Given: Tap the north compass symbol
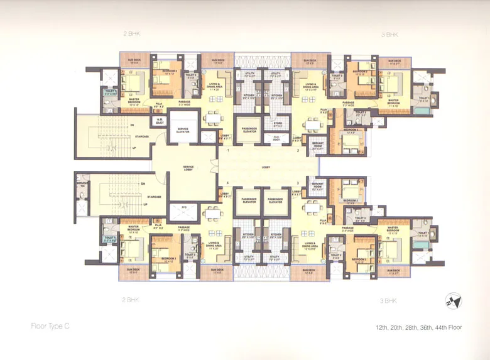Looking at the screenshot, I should click(452, 300).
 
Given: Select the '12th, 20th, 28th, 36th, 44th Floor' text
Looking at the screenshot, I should click(418, 327).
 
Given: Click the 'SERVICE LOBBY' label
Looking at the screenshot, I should click(188, 168).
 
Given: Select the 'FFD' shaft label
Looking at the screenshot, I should click(184, 207).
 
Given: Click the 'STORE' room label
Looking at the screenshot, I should click(278, 124).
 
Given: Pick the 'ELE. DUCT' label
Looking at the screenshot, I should click(278, 139).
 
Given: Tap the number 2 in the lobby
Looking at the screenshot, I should click(298, 151).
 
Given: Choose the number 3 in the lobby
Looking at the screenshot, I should click(298, 183).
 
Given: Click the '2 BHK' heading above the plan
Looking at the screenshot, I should click(131, 33).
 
